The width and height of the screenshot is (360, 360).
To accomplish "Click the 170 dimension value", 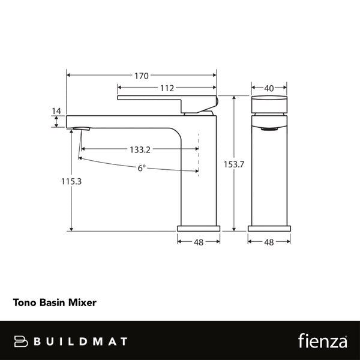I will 142,76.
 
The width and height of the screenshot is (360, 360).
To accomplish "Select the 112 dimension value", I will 167,88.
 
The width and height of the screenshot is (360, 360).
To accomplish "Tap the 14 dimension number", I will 57,111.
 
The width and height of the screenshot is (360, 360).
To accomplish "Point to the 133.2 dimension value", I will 139,149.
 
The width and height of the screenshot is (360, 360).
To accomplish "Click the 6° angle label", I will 142,169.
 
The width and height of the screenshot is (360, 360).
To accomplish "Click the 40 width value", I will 269,88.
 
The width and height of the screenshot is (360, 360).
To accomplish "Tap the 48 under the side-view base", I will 199,242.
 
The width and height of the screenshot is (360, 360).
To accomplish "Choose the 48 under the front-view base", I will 269,242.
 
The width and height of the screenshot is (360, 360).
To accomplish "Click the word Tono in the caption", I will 25,304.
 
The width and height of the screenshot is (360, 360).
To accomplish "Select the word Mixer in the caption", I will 83,304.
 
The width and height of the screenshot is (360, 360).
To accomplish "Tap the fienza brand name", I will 323,341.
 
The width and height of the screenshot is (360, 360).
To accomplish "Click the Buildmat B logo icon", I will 22,341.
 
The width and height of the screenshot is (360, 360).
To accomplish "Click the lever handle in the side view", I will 167,98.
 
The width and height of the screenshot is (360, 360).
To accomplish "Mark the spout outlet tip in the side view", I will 79,128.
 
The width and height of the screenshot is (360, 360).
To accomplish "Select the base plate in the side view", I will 199,229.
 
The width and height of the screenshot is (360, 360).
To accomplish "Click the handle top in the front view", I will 269,104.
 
